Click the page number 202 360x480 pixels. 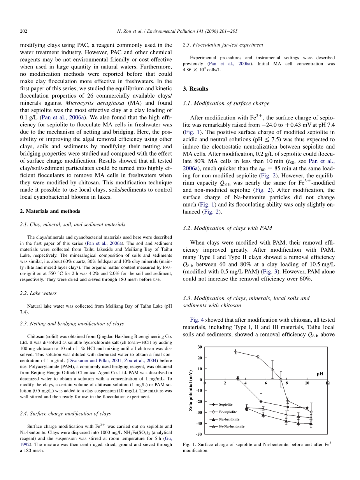click(x=23, y=31)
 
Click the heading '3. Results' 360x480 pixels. click(x=195, y=89)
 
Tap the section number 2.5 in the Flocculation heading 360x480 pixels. click(x=186, y=45)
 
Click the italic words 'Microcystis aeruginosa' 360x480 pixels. click(x=90, y=103)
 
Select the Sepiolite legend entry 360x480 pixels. click(x=226, y=405)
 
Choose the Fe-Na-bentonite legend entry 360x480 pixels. click(x=232, y=427)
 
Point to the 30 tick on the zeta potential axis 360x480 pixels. click(x=200, y=347)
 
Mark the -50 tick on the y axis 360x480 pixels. click(x=199, y=434)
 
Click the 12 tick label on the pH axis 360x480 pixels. click(x=328, y=383)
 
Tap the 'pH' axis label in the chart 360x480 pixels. click(x=320, y=374)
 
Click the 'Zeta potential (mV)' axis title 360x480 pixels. click(x=191, y=391)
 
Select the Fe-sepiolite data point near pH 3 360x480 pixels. click(x=235, y=352)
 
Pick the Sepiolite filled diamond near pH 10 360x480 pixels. click(x=307, y=408)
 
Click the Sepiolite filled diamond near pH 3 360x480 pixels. click(x=238, y=378)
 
